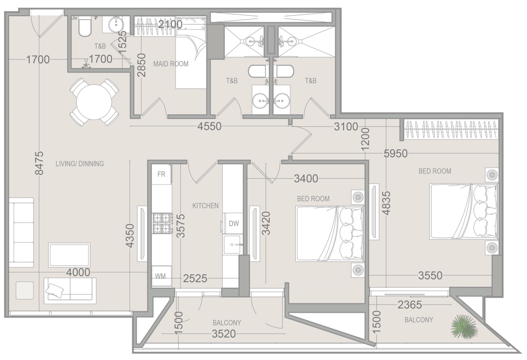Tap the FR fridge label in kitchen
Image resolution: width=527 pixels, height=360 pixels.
pyautogui.click(x=161, y=174)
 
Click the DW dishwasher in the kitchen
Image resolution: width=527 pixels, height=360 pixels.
pyautogui.click(x=233, y=224)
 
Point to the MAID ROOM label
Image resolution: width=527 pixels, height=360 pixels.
pyautogui.click(x=170, y=64)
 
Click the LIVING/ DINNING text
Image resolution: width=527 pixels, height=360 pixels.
pyautogui.click(x=79, y=164)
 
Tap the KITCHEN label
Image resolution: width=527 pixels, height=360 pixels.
pyautogui.click(x=205, y=206)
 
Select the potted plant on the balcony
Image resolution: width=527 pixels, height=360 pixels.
pyautogui.click(x=464, y=326)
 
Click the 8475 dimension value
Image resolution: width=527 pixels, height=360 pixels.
pyautogui.click(x=39, y=163)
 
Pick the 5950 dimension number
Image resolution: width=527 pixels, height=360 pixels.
pyautogui.click(x=395, y=154)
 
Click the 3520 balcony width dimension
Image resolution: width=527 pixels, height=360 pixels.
pyautogui.click(x=226, y=334)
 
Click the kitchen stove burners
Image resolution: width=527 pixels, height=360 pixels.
pyautogui.click(x=162, y=223)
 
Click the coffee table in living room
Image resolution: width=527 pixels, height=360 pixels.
pyautogui.click(x=69, y=255)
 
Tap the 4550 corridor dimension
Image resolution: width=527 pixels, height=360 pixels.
pyautogui.click(x=209, y=126)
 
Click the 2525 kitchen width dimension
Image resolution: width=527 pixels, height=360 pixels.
pyautogui.click(x=196, y=279)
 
